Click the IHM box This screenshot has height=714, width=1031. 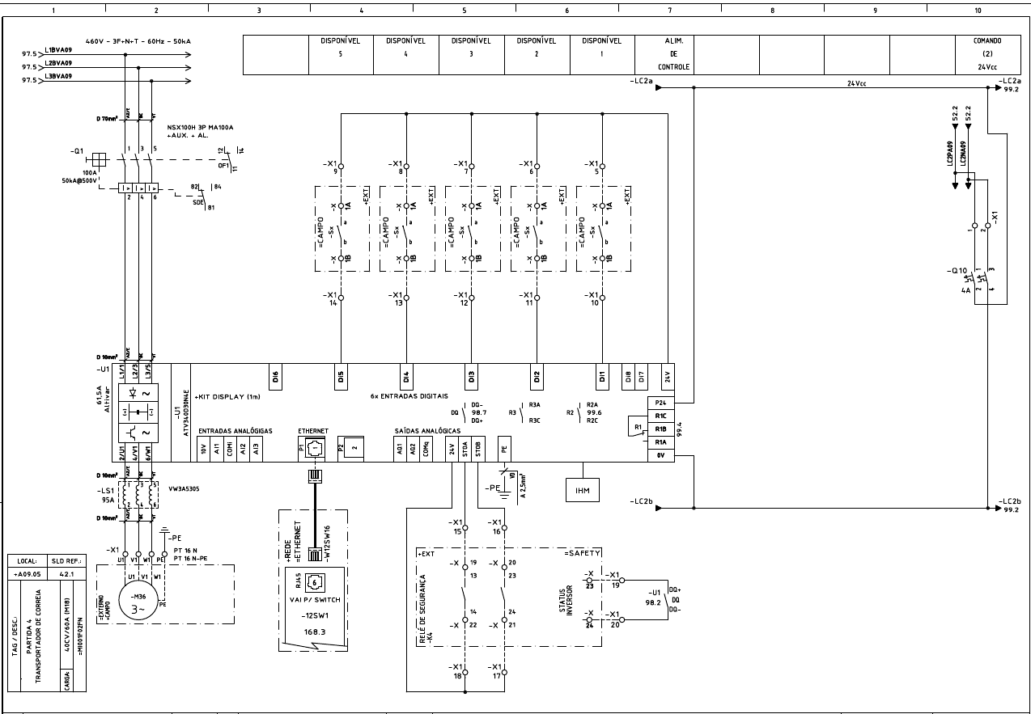tap(583, 489)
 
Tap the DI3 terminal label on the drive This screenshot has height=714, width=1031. tap(471, 375)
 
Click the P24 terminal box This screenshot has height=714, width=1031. tap(660, 402)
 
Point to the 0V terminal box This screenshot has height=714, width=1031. tap(660, 456)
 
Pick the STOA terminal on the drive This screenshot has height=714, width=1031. tap(465, 451)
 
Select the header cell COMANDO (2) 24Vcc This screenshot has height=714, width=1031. tap(988, 53)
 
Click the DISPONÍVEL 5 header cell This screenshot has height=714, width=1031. tap(341, 53)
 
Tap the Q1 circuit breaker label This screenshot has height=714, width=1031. tap(77, 151)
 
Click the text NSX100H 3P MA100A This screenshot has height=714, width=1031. tap(200, 128)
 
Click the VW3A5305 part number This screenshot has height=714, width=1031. tap(185, 488)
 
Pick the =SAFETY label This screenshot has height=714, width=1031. tap(582, 552)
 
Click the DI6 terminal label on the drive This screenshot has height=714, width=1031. tap(275, 375)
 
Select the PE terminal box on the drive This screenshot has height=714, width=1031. tap(504, 451)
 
